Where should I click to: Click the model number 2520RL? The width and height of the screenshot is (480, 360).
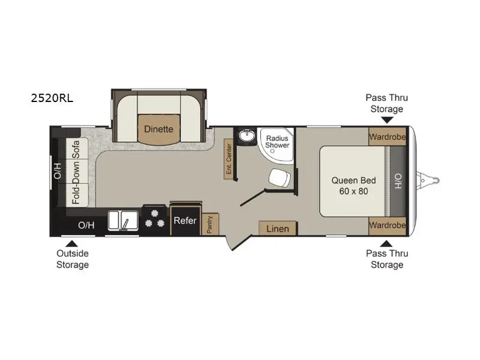pyautogui.click(x=52, y=98)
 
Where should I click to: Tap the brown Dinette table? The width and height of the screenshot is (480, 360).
pyautogui.click(x=158, y=130)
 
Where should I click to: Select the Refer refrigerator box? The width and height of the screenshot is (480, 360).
pyautogui.click(x=185, y=220)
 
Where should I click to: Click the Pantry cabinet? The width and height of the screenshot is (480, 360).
pyautogui.click(x=210, y=224)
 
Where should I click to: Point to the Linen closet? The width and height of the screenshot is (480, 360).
pyautogui.click(x=278, y=229)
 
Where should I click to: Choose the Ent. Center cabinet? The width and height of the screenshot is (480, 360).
pyautogui.click(x=229, y=159)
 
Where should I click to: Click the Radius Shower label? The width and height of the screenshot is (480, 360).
pyautogui.click(x=277, y=142)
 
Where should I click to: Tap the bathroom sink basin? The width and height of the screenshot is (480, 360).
pyautogui.click(x=247, y=136)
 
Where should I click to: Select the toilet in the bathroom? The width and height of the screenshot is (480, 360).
pyautogui.click(x=280, y=178)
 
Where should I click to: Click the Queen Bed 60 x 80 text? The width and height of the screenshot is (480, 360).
pyautogui.click(x=353, y=186)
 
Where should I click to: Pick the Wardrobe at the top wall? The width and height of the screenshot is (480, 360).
pyautogui.click(x=387, y=136)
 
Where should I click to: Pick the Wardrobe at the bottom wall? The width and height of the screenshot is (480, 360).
pyautogui.click(x=387, y=226)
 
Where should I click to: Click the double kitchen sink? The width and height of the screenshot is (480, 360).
pyautogui.click(x=123, y=220)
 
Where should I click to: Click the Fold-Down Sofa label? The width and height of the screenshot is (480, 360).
pyautogui.click(x=76, y=172)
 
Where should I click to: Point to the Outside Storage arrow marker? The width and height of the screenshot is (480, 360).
pyautogui.click(x=71, y=244)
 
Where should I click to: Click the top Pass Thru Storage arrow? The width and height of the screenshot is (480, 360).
pyautogui.click(x=387, y=120)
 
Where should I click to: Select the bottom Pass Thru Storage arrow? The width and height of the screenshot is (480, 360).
pyautogui.click(x=386, y=244)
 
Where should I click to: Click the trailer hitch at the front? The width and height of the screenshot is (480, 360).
pyautogui.click(x=428, y=181)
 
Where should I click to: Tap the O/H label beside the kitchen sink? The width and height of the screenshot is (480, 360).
pyautogui.click(x=86, y=226)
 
